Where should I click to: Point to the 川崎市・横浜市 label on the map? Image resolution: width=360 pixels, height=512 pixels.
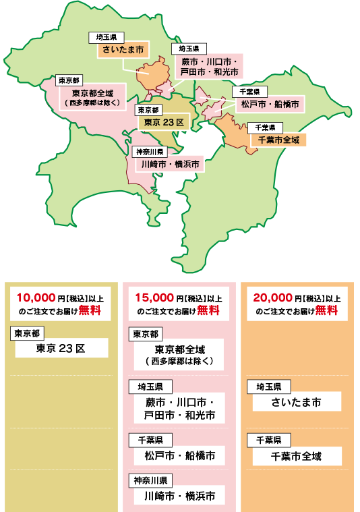169,164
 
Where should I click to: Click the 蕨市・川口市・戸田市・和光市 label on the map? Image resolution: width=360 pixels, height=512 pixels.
209,65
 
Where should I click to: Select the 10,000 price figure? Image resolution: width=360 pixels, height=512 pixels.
38,297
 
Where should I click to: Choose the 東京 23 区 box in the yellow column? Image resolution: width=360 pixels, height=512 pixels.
61,348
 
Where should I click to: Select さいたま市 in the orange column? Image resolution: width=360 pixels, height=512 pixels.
297,403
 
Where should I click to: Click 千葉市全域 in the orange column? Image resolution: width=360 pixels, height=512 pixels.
297,457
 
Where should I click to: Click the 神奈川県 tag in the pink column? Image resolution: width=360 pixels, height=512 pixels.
150,481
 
